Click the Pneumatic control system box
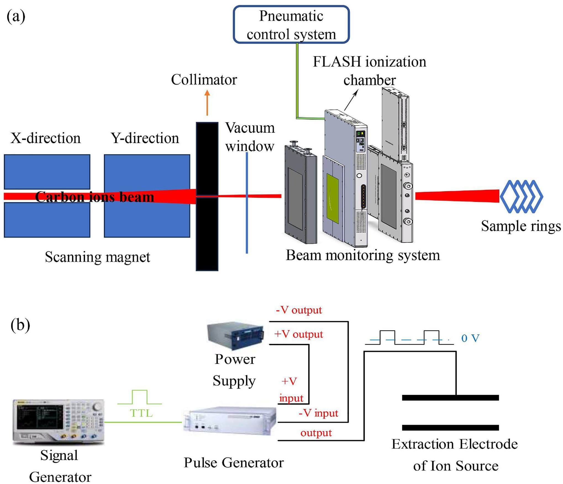click(x=291, y=25)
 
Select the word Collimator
click(x=204, y=80)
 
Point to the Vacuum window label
click(x=250, y=137)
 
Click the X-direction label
click(x=46, y=138)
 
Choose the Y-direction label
click(x=145, y=138)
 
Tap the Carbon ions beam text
click(x=94, y=197)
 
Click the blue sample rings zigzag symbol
click(x=521, y=196)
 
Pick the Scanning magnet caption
click(x=98, y=257)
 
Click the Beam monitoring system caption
click(x=362, y=255)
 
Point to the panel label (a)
click(x=16, y=16)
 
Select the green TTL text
click(x=141, y=413)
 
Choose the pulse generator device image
click(x=230, y=422)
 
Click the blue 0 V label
click(x=470, y=338)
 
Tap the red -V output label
click(x=299, y=310)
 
